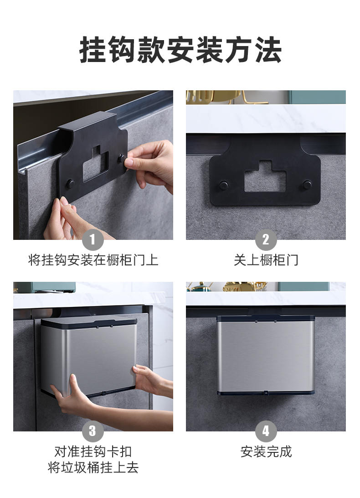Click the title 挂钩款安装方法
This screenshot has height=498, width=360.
180,50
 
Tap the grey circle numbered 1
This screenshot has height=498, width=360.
93,240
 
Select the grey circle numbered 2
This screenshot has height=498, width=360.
266,240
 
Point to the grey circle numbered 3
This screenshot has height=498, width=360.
93,431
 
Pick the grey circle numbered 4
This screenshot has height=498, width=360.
266,431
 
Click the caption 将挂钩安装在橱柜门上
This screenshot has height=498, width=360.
93,260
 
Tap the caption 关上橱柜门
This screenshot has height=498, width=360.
266,260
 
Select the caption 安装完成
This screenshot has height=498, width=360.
266,451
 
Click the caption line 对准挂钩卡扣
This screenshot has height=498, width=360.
93,451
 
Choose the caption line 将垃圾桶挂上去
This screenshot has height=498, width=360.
93,467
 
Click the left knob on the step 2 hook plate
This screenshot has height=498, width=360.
223,185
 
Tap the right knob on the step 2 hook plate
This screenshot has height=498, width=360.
307,185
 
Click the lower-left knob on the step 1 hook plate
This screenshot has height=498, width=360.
70,184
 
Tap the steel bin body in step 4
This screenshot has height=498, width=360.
265,356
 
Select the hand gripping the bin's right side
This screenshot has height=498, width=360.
152,380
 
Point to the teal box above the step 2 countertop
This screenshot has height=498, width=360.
317,97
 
